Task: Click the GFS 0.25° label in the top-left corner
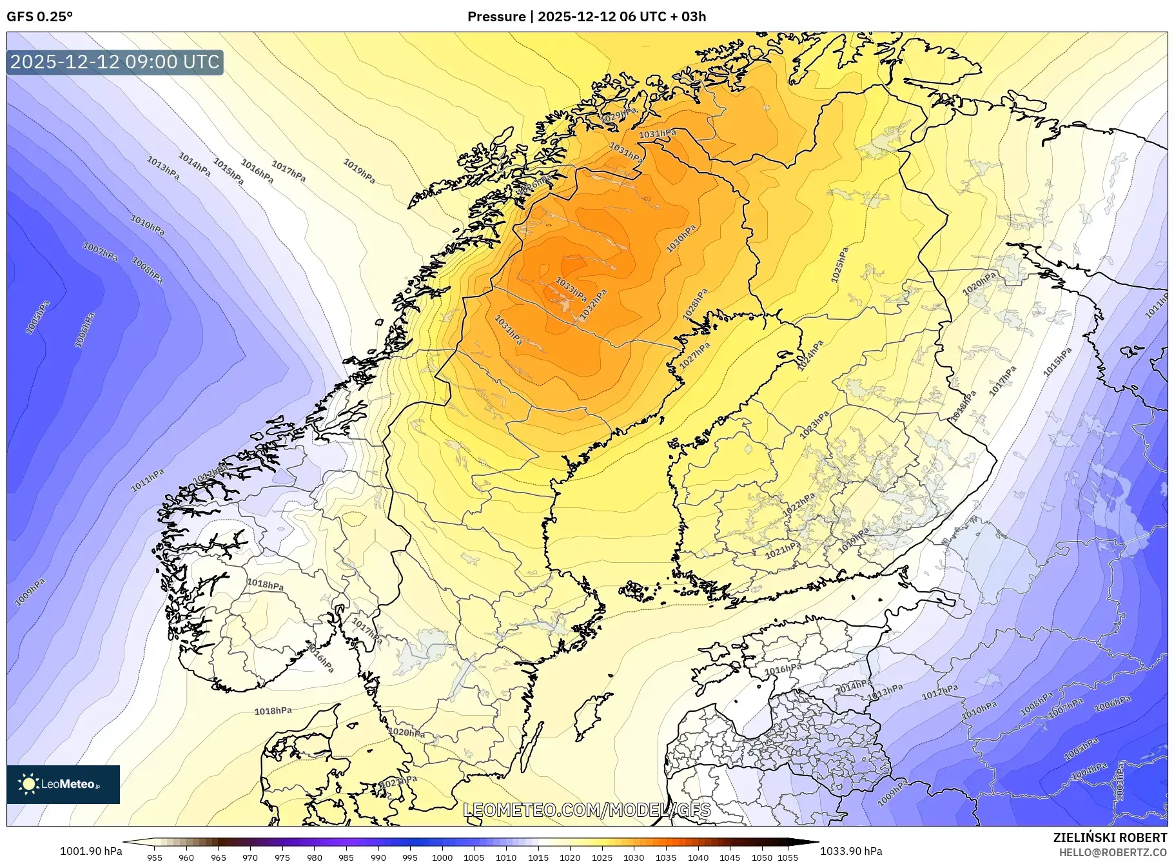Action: pos(39,17)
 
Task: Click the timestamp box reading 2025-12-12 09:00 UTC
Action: pos(115,62)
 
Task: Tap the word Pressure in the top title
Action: pos(496,17)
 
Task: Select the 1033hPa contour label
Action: pos(571,289)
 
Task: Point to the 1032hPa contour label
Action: pos(594,304)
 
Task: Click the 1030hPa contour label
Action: pos(681,238)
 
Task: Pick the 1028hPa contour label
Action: pos(696,304)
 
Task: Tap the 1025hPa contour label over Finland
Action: pos(839,264)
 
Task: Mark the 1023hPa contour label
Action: pos(814,426)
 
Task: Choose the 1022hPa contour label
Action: pos(799,504)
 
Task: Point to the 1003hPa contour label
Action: pos(1120,781)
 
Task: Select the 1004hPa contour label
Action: pos(1090,770)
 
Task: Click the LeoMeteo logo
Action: pos(63,784)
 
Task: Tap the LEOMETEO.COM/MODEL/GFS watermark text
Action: pos(587,810)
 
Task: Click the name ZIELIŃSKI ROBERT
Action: pos(1110,838)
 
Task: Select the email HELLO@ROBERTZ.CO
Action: pos(1113,852)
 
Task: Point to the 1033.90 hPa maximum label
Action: pos(850,851)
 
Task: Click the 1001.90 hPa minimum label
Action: pos(91,851)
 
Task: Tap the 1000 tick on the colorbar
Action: pos(442,857)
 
